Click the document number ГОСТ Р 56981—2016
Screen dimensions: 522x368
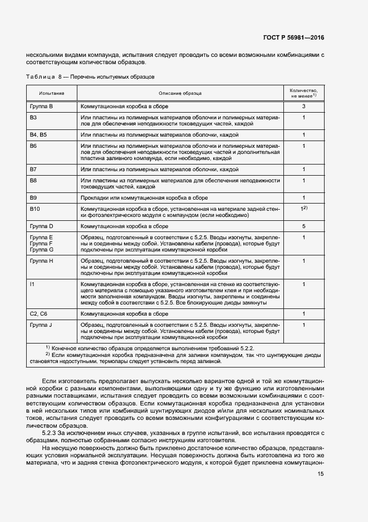click(x=293, y=38)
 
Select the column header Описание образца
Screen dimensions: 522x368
click(x=180, y=93)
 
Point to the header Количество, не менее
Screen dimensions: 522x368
click(x=303, y=93)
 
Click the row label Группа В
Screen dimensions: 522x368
click(x=42, y=106)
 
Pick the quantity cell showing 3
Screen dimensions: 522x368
click(x=304, y=106)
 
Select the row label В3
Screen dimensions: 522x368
click(x=33, y=118)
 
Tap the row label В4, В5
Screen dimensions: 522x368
click(x=38, y=134)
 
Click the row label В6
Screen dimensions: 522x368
click(x=33, y=146)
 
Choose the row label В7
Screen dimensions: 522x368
click(x=33, y=168)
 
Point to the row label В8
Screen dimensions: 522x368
click(x=33, y=180)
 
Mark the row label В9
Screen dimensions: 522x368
click(x=33, y=197)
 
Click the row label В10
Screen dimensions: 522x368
click(x=35, y=209)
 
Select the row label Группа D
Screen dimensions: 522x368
click(x=42, y=226)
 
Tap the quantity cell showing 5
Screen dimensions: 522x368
click(x=304, y=226)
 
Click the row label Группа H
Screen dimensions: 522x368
click(x=42, y=260)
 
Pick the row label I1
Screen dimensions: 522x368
click(x=32, y=284)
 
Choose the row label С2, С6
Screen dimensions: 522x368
click(x=38, y=314)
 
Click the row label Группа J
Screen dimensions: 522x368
click(x=41, y=325)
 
